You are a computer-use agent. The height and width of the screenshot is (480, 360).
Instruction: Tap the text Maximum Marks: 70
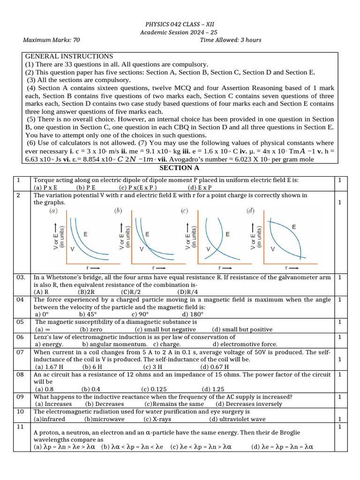click(x=52, y=40)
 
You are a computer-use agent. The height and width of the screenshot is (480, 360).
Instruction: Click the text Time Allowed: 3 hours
click(x=231, y=40)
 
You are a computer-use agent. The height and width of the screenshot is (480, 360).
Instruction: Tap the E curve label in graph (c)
click(x=227, y=233)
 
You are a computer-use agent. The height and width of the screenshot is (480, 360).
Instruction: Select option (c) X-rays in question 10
click(x=157, y=419)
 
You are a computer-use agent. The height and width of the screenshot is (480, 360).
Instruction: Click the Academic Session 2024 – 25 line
click(x=179, y=32)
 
